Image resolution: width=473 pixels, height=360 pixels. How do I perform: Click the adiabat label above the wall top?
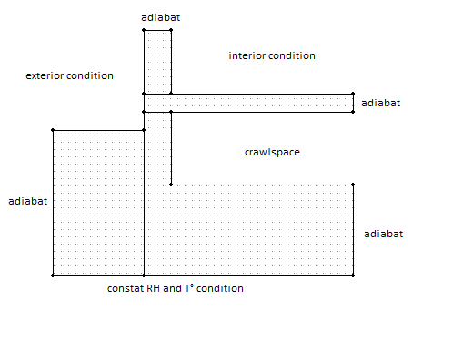(161, 17)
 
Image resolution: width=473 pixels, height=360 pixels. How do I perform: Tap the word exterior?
(45, 75)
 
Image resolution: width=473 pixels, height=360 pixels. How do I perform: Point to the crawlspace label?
(272, 152)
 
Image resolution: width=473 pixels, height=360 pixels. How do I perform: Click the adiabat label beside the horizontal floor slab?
(381, 103)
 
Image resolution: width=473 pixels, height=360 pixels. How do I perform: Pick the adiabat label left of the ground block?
(28, 201)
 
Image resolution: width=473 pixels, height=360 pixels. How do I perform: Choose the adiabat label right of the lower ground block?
(384, 234)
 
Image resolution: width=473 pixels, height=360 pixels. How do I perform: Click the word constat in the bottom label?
(126, 288)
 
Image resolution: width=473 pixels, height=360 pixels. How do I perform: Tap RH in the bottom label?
(154, 288)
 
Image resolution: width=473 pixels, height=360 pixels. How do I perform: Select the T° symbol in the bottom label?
(189, 288)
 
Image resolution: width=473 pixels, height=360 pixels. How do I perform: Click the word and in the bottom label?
(172, 288)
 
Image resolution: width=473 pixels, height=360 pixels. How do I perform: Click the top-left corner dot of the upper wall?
(144, 30)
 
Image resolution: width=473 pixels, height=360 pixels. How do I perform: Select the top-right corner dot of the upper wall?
(171, 30)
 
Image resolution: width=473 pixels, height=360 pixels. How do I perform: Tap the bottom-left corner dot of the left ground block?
(53, 275)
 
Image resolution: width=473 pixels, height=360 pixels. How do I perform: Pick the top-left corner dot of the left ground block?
(53, 130)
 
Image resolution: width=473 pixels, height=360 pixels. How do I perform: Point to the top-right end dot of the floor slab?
(353, 94)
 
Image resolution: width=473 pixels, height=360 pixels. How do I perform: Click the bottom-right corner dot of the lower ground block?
(353, 275)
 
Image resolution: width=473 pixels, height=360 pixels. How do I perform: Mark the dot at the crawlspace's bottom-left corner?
(171, 185)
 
